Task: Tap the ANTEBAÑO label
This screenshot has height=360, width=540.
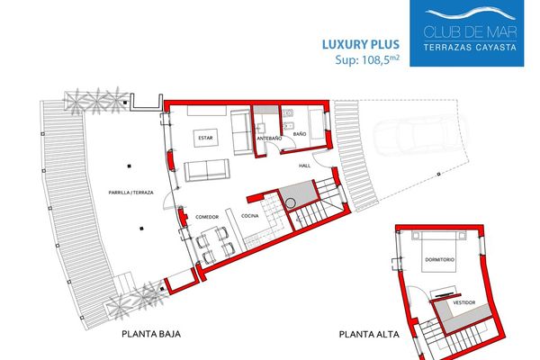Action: point(269,138)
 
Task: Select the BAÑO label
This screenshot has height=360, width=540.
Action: point(300,134)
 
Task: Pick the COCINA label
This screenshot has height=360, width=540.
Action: point(249,216)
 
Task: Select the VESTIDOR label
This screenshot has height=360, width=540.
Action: point(463,302)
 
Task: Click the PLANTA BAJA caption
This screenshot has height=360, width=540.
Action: point(151,334)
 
